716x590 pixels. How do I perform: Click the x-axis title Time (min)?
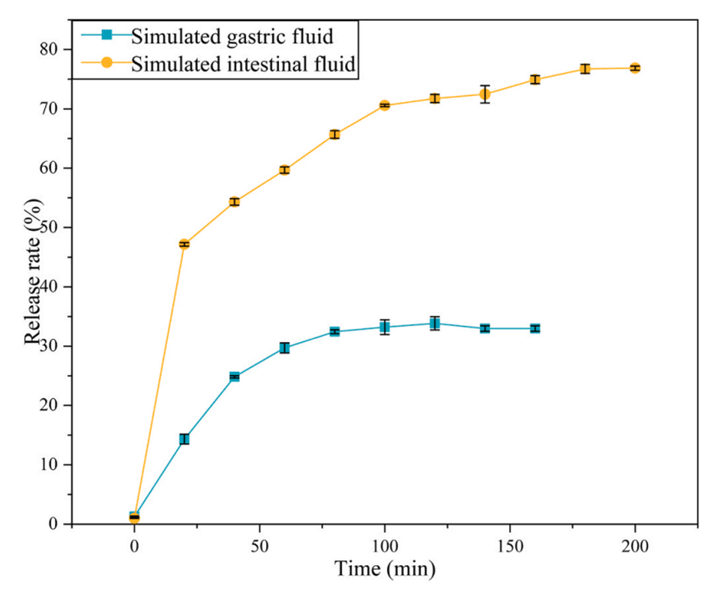pyautogui.click(x=385, y=569)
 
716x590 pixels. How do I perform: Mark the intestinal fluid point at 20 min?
pyautogui.click(x=184, y=244)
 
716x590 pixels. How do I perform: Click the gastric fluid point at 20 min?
pyautogui.click(x=184, y=439)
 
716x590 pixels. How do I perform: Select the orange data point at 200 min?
pyautogui.click(x=635, y=68)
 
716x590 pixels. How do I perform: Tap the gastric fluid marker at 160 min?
pyautogui.click(x=535, y=328)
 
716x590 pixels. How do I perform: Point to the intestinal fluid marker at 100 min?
pyautogui.click(x=385, y=105)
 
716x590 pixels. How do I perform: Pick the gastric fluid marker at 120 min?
pyautogui.click(x=435, y=324)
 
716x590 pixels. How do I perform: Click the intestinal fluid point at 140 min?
pyautogui.click(x=485, y=94)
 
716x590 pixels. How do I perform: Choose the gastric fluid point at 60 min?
pyautogui.click(x=284, y=348)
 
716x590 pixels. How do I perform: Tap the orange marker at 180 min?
pyautogui.click(x=585, y=69)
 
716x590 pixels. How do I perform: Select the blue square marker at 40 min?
pyautogui.click(x=235, y=376)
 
